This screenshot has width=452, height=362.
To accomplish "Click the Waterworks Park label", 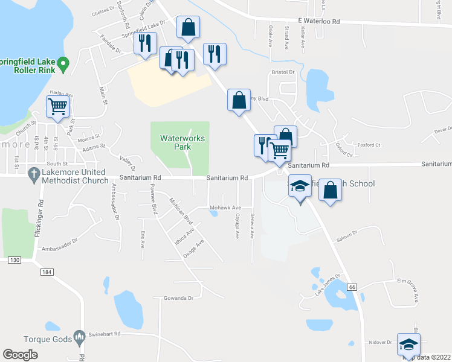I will (x=182, y=142).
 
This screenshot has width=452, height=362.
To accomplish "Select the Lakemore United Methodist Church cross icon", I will (x=35, y=173).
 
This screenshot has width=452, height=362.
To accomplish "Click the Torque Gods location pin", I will (x=79, y=337).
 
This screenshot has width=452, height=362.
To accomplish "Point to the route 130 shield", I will (x=15, y=260).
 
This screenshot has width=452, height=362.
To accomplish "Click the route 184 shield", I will (x=45, y=272).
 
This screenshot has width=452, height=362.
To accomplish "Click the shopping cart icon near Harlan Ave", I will (x=58, y=107).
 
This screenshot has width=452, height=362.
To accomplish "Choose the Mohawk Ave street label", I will (x=225, y=208).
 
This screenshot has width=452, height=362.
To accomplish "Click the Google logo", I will (x=20, y=355).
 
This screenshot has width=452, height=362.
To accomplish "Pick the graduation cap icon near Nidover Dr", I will (x=408, y=345).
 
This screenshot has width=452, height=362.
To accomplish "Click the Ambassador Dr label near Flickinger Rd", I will (x=65, y=244).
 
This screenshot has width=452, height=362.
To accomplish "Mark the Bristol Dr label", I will (x=282, y=72).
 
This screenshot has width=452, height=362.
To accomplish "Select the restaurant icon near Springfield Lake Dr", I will (x=145, y=43).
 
